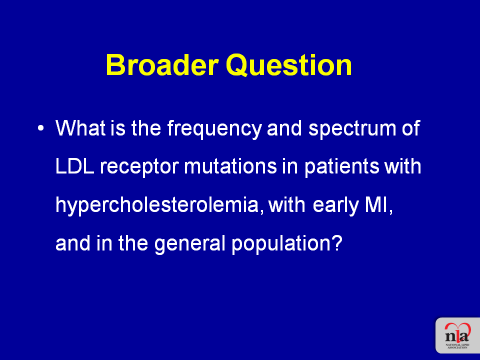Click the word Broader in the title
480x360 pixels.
[x=162, y=65]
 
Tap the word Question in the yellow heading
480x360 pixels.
[x=289, y=65]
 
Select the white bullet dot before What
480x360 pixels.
[x=40, y=128]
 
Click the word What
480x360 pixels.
[x=80, y=127]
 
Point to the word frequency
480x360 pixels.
[x=214, y=128]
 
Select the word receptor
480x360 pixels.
[x=139, y=167]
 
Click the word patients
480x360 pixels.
[x=341, y=167]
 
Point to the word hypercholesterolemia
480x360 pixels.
[x=160, y=205]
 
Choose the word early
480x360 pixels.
[x=336, y=206]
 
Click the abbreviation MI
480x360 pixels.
[x=378, y=205]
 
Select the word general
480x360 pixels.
[x=190, y=244]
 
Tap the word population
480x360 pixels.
[x=281, y=244]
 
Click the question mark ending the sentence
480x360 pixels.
[x=336, y=243]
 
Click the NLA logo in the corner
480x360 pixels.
[x=457, y=335]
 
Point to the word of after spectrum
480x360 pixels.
[x=411, y=127]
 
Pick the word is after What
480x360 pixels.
[x=118, y=127]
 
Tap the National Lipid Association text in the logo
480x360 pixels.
[x=457, y=346]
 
